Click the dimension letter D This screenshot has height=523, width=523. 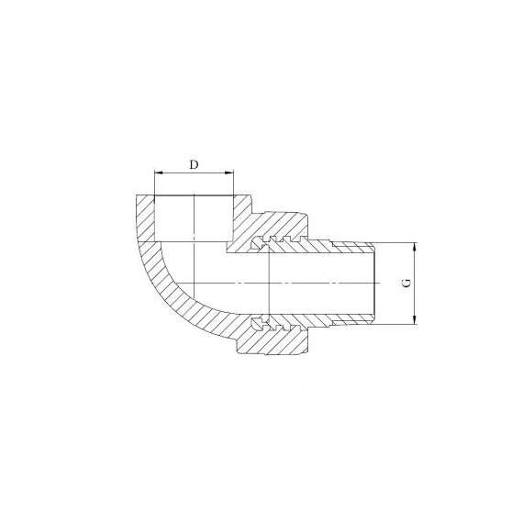[x=194, y=164]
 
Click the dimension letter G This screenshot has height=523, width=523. [x=406, y=284]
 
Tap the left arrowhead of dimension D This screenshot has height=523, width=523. [x=159, y=172]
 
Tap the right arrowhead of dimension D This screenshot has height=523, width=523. [x=229, y=172]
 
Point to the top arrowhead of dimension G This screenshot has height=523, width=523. [x=415, y=247]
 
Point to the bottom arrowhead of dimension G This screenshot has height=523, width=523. [x=415, y=320]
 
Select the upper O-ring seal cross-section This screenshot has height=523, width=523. [x=258, y=243]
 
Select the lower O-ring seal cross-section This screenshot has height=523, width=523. [x=257, y=324]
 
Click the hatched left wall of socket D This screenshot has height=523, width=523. [x=145, y=218]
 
